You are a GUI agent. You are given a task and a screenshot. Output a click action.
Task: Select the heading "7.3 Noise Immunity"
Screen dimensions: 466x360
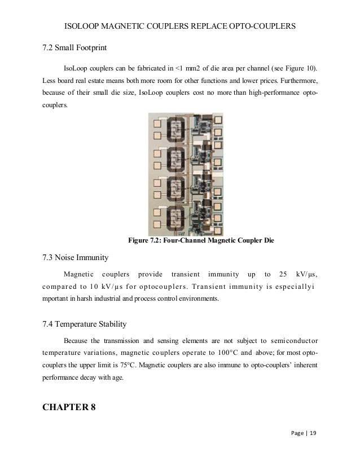(x=75, y=258)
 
